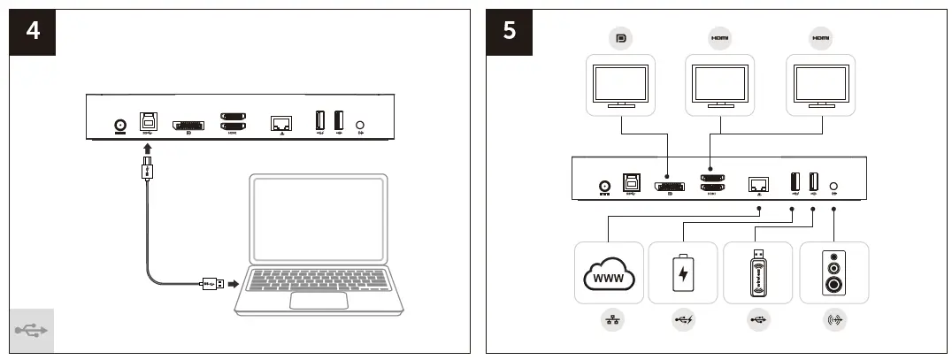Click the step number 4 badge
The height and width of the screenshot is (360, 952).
click(33, 32)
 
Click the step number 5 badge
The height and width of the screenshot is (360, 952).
click(509, 32)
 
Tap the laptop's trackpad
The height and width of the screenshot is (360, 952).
click(319, 299)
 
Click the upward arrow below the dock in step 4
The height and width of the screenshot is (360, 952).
click(148, 148)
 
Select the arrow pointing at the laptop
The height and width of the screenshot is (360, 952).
click(234, 284)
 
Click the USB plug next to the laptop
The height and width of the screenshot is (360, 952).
click(211, 284)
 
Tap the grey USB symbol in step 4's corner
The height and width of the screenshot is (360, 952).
click(32, 331)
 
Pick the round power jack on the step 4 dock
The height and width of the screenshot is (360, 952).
click(119, 126)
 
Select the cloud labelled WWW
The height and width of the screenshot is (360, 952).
click(609, 275)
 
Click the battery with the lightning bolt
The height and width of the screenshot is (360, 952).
click(682, 274)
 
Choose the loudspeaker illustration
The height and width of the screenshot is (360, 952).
click(833, 274)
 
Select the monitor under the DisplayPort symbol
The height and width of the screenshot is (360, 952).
click(621, 86)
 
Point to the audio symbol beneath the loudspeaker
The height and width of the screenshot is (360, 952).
click(833, 322)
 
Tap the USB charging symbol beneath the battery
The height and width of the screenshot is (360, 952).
click(682, 322)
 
